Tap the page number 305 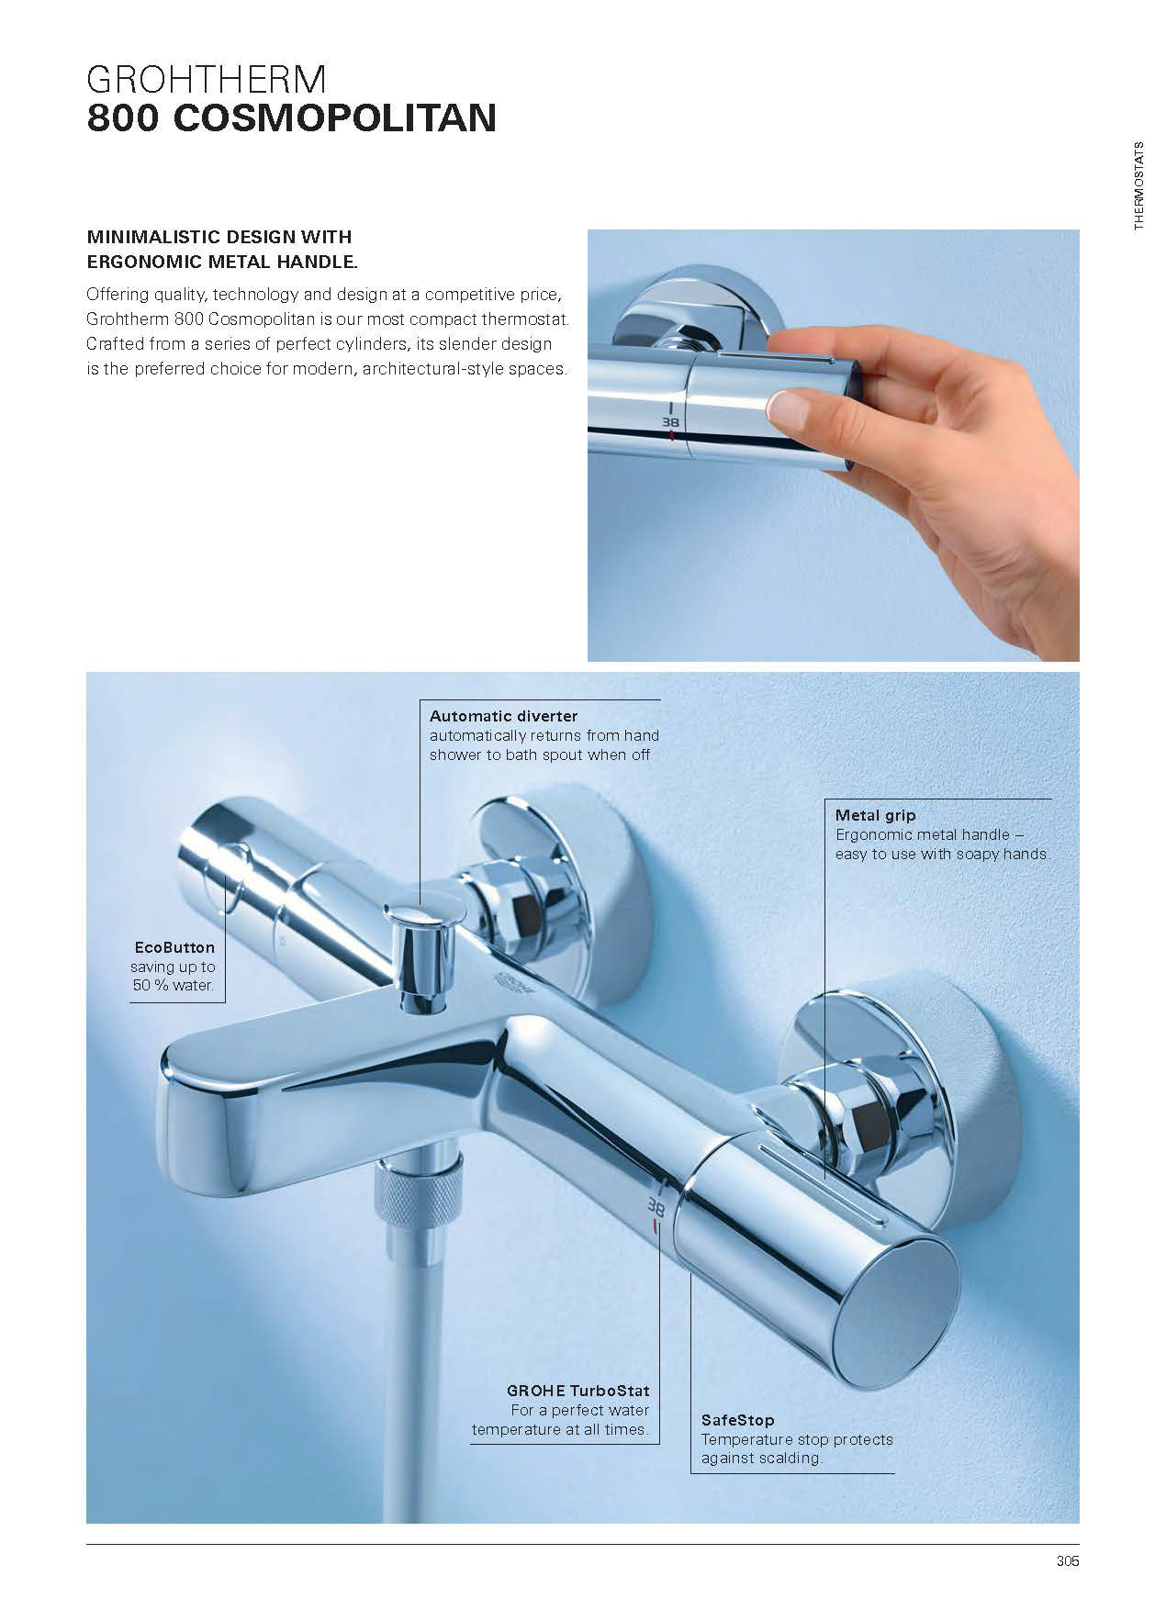[x=1067, y=1560]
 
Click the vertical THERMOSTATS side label [x=1139, y=185]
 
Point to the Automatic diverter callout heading [x=504, y=716]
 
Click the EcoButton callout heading [x=174, y=947]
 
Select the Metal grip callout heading [x=875, y=815]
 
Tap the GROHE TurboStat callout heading [x=577, y=1391]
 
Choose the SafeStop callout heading [x=738, y=1420]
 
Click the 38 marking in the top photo [x=670, y=422]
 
